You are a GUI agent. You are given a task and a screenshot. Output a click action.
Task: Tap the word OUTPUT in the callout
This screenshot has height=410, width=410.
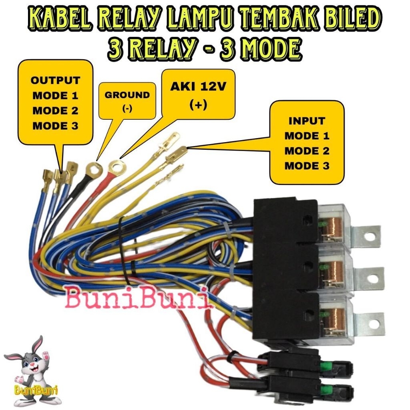tap(55, 80)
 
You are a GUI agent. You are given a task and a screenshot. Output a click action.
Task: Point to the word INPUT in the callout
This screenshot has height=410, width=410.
tap(307, 121)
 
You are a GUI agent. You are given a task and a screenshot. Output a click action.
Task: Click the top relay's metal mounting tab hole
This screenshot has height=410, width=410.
tap(370, 236)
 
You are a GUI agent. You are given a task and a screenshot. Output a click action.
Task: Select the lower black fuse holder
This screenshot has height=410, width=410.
tap(304, 388)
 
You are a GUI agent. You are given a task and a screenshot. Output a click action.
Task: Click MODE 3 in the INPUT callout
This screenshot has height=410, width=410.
tap(307, 166)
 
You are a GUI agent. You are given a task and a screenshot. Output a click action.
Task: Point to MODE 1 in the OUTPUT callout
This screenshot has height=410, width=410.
tap(55, 95)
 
